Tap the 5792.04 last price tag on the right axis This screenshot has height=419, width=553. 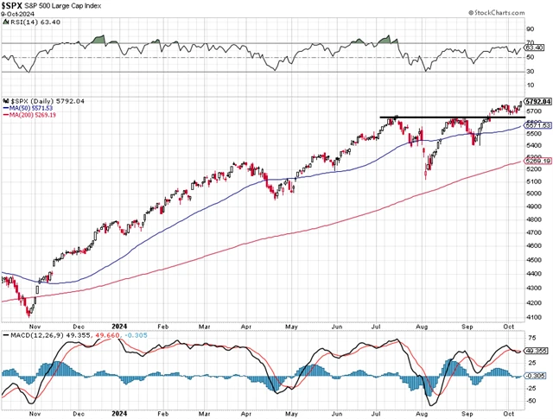(536, 102)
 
